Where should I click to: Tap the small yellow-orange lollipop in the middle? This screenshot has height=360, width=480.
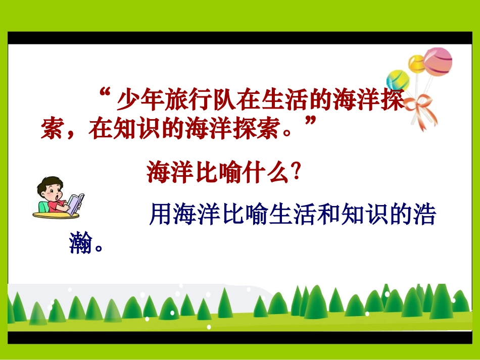pyautogui.click(x=417, y=64)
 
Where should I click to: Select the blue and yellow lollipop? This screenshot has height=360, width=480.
pyautogui.click(x=398, y=80)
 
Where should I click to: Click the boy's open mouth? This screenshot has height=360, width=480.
pyautogui.click(x=59, y=195)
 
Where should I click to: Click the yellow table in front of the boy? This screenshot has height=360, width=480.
pyautogui.click(x=56, y=214)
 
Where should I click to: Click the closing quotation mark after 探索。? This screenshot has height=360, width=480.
pyautogui.click(x=312, y=123)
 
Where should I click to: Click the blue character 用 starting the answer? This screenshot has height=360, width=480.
pyautogui.click(x=161, y=216)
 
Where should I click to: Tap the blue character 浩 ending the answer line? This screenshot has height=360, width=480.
pyautogui.click(x=423, y=216)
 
